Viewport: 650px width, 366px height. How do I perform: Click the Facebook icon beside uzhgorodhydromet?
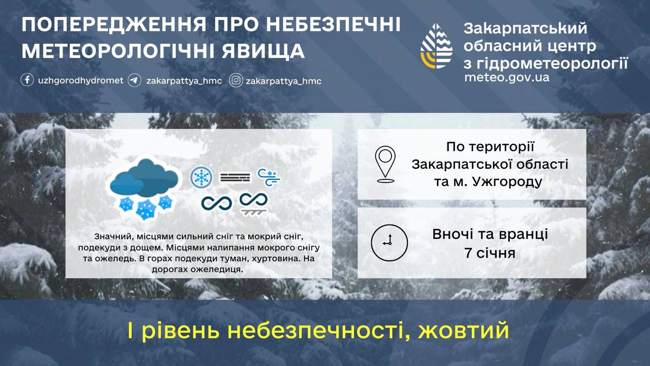[27, 80]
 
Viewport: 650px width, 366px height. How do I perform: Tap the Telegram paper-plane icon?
[135, 80]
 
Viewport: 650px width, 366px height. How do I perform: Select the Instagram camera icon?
[236, 80]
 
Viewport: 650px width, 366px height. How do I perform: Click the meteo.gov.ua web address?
[506, 78]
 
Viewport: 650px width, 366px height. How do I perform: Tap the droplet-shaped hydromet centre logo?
[437, 46]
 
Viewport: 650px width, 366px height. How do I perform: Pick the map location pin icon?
[385, 164]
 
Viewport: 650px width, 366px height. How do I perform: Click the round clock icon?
[389, 242]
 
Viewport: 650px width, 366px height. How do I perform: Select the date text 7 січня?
[490, 253]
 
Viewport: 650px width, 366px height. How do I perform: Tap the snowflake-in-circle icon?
[201, 177]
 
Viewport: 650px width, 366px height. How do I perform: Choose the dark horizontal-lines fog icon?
[235, 177]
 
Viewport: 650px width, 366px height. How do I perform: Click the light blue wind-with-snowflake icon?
[269, 177]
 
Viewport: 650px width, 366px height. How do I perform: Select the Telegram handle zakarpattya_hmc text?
[184, 81]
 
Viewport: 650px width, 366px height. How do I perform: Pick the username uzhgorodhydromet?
[81, 80]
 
